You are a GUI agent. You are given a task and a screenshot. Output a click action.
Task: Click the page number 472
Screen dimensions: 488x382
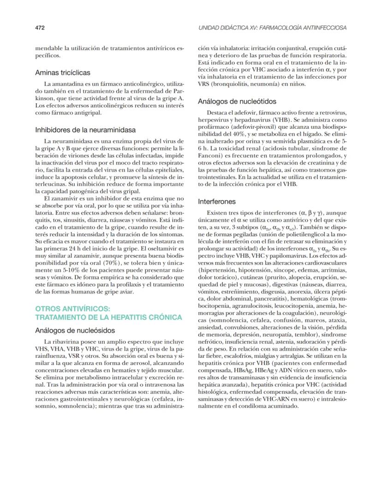point(40,28)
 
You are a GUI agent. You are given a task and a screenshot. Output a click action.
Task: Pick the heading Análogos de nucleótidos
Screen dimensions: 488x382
point(237,101)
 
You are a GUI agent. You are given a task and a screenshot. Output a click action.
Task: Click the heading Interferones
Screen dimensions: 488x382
point(217,202)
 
